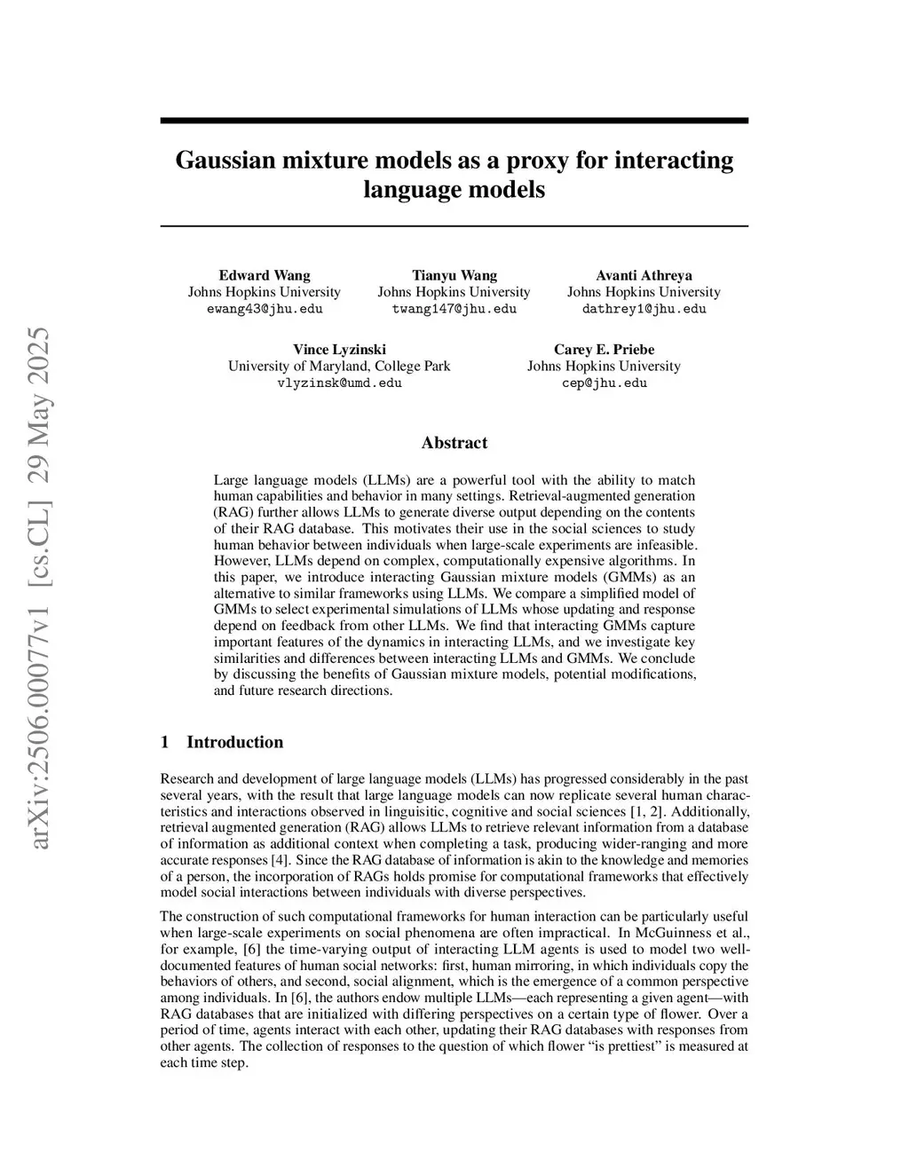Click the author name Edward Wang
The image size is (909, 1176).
265,275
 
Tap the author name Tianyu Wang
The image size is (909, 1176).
454,275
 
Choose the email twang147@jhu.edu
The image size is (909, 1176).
454,309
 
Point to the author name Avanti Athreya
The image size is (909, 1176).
644,275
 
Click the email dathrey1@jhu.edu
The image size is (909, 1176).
644,309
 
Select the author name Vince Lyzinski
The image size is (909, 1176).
339,350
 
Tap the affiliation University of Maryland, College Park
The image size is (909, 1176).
339,367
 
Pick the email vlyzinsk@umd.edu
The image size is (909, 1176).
339,383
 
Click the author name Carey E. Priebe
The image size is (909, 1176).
604,350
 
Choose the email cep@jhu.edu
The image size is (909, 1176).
604,383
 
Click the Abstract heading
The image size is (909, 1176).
454,443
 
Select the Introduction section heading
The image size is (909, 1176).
234,743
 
